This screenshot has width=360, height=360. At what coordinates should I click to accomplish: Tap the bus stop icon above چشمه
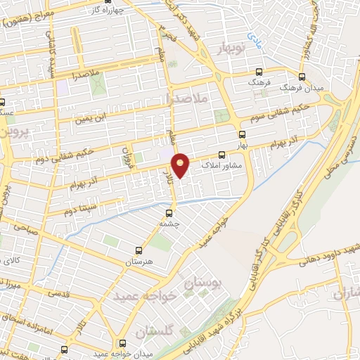pos(169,212)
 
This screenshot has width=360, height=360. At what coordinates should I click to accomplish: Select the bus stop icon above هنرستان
pos(139,250)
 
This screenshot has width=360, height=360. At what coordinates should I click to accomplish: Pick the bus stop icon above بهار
pos(242,134)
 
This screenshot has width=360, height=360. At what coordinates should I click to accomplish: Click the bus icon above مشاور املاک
pos(222,155)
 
